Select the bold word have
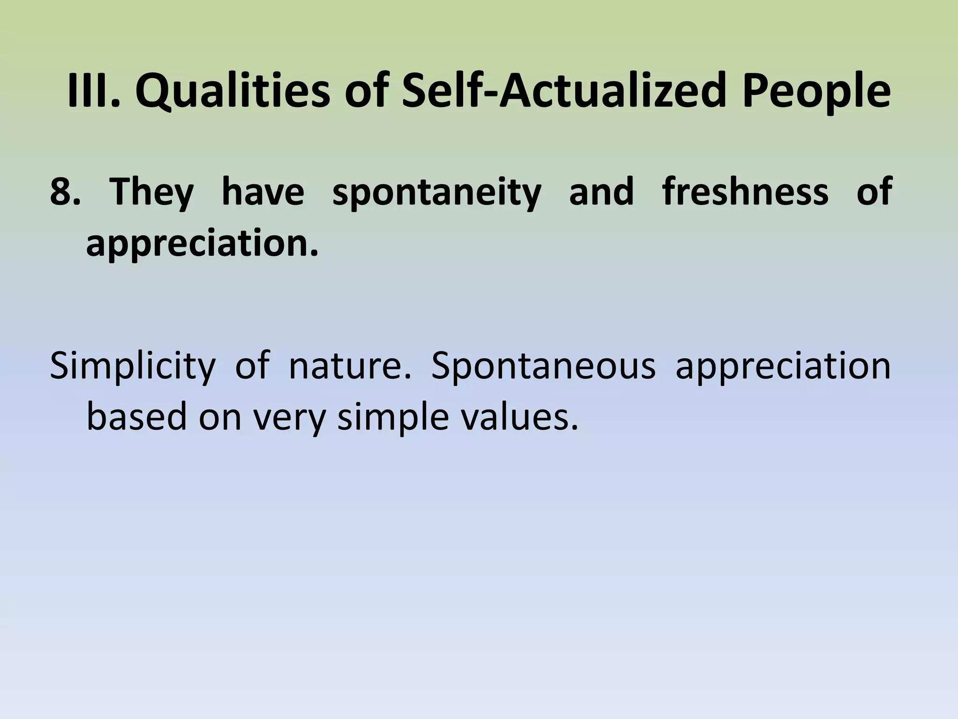(263, 191)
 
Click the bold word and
(602, 191)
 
